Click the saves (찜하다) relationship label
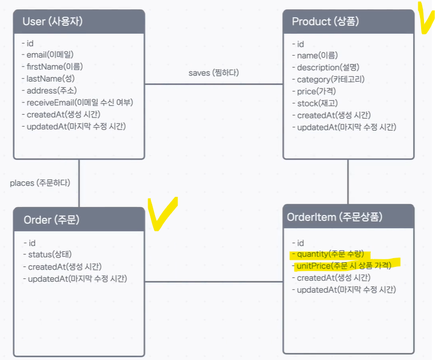pyautogui.click(x=213, y=73)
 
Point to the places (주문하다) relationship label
pyautogui.click(x=40, y=183)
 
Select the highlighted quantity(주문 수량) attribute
pyautogui.click(x=330, y=254)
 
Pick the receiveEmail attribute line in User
pyautogui.click(x=77, y=102)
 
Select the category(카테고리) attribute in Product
pyautogui.click(x=331, y=79)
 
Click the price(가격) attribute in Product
pyautogui.click(x=316, y=91)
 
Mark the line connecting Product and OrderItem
pyautogui.click(x=348, y=181)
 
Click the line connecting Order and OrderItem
pyautogui.click(x=213, y=282)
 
